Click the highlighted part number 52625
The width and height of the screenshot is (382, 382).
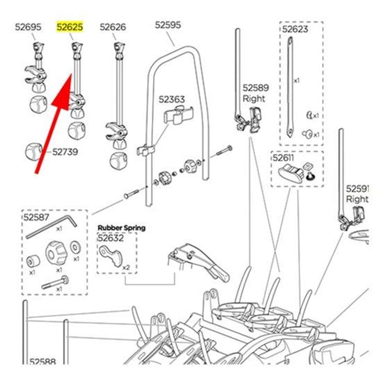(x=70, y=27)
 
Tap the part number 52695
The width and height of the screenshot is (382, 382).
(x=28, y=27)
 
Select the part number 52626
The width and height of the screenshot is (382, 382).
(x=113, y=27)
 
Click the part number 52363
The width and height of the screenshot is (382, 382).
(x=172, y=99)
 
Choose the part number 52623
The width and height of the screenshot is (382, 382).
(x=295, y=29)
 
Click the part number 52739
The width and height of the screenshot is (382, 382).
(x=65, y=152)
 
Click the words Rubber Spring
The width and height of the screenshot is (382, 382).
(x=121, y=228)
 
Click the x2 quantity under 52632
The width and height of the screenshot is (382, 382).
(x=126, y=267)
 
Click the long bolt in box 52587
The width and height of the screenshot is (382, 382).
(x=54, y=283)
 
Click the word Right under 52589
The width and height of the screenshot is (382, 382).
(x=254, y=98)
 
